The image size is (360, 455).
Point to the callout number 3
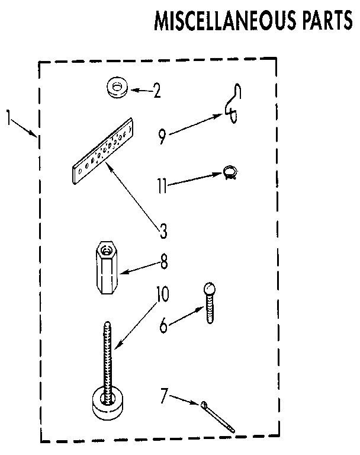pyautogui.click(x=163, y=230)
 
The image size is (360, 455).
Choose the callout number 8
pyautogui.click(x=164, y=261)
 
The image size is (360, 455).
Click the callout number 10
pyautogui.click(x=162, y=294)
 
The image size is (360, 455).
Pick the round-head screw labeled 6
pyautogui.click(x=210, y=302)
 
